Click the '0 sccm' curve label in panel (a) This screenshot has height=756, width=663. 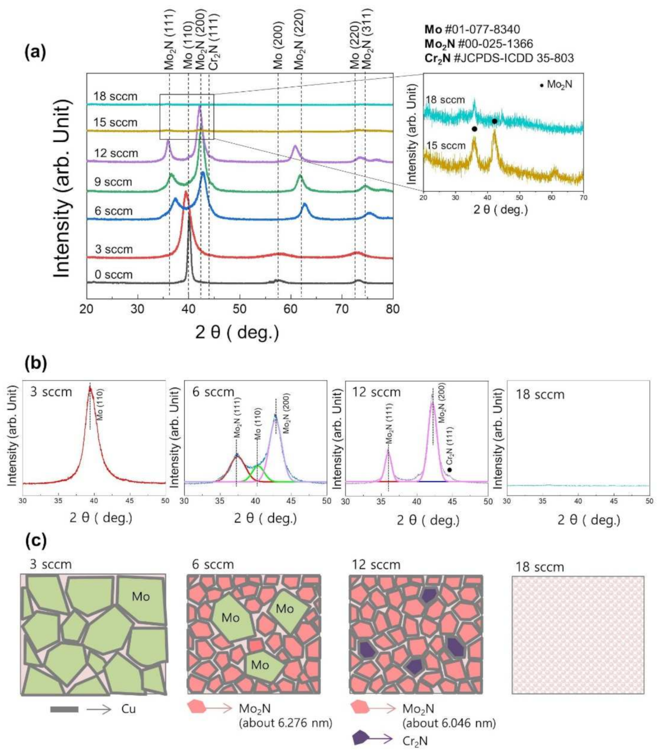(113, 275)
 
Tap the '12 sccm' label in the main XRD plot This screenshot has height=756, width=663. (116, 153)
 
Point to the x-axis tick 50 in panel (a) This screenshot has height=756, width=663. (240, 309)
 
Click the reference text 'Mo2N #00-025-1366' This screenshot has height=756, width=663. (479, 44)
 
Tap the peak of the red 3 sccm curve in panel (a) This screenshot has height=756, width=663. (186, 193)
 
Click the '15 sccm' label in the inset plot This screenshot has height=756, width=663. (446, 145)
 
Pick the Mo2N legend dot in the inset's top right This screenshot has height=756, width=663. (541, 85)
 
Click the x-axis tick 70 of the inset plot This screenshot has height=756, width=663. (583, 198)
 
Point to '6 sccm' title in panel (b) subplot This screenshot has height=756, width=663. (213, 392)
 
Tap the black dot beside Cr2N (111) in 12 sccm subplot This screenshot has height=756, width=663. (449, 470)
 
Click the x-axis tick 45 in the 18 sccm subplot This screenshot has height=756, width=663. (614, 501)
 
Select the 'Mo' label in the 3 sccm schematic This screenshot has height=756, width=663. (141, 596)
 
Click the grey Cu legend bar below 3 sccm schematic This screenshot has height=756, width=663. (64, 709)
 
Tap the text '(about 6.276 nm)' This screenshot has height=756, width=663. (285, 723)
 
